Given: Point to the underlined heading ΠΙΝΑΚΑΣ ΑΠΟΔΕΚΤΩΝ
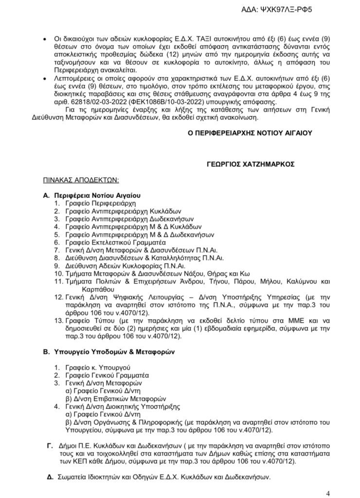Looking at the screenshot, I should tap(81, 180).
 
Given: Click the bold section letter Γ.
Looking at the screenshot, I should tap(50, 445).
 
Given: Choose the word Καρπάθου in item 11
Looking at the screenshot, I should tap(81, 288).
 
